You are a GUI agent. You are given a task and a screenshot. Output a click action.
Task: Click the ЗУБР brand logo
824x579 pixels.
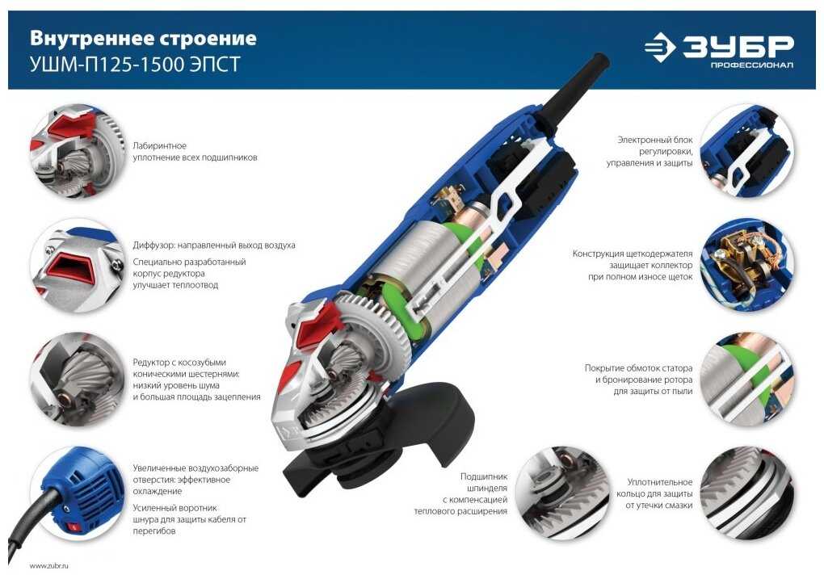click(718, 50)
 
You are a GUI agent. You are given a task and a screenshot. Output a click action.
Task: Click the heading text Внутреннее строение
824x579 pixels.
click(143, 38)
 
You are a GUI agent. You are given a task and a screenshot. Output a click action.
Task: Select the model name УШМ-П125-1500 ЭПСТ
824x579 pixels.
click(135, 64)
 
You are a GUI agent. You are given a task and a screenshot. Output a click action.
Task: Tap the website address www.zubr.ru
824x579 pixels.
click(48, 566)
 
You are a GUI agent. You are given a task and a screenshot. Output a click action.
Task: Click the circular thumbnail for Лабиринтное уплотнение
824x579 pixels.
click(78, 151)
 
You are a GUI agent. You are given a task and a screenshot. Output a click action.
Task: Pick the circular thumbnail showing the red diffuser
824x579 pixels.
click(78, 265)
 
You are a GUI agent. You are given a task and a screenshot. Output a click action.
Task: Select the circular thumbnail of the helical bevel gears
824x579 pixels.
click(78, 380)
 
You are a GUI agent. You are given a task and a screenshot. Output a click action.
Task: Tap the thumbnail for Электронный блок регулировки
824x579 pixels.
click(746, 151)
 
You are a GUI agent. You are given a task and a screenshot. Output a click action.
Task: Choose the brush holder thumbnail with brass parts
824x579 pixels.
click(746, 265)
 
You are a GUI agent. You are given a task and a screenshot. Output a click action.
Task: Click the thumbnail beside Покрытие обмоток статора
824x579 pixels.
click(746, 380)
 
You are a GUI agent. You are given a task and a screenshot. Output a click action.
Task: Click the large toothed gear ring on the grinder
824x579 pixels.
click(376, 331)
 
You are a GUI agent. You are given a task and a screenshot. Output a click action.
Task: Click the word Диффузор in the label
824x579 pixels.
click(153, 245)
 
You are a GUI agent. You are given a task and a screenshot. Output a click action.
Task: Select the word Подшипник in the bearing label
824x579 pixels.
click(483, 476)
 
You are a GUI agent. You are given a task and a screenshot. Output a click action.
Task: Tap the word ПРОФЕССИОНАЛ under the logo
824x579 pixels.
click(752, 65)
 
